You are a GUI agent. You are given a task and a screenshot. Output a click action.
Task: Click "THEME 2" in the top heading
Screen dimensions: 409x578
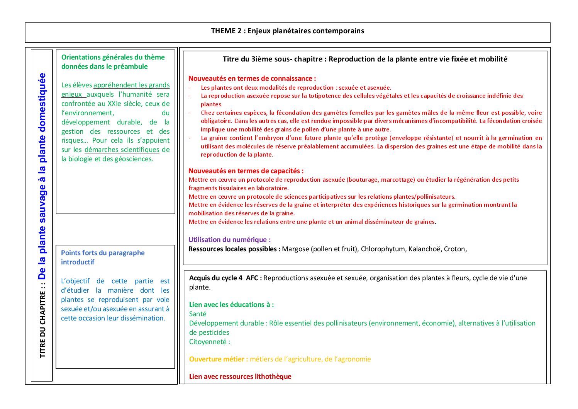tap(226, 31)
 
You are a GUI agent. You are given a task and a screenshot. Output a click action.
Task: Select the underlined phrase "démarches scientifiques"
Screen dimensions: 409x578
tap(122, 150)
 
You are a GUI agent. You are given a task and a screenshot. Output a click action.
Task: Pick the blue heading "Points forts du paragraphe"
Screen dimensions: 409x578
tap(103, 253)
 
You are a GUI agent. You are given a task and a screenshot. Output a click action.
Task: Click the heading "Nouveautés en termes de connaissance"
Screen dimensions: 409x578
tap(252, 78)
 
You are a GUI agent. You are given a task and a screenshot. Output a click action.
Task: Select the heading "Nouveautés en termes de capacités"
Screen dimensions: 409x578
tap(246, 171)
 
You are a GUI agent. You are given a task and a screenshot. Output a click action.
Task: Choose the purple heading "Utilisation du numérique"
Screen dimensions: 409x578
tap(229, 240)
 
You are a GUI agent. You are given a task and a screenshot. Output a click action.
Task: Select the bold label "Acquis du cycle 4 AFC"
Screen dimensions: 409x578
tap(225, 278)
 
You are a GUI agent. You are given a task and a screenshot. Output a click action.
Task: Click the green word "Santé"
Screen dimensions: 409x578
tap(198, 314)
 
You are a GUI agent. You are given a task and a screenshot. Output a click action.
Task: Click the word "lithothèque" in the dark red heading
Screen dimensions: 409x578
tap(273, 377)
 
